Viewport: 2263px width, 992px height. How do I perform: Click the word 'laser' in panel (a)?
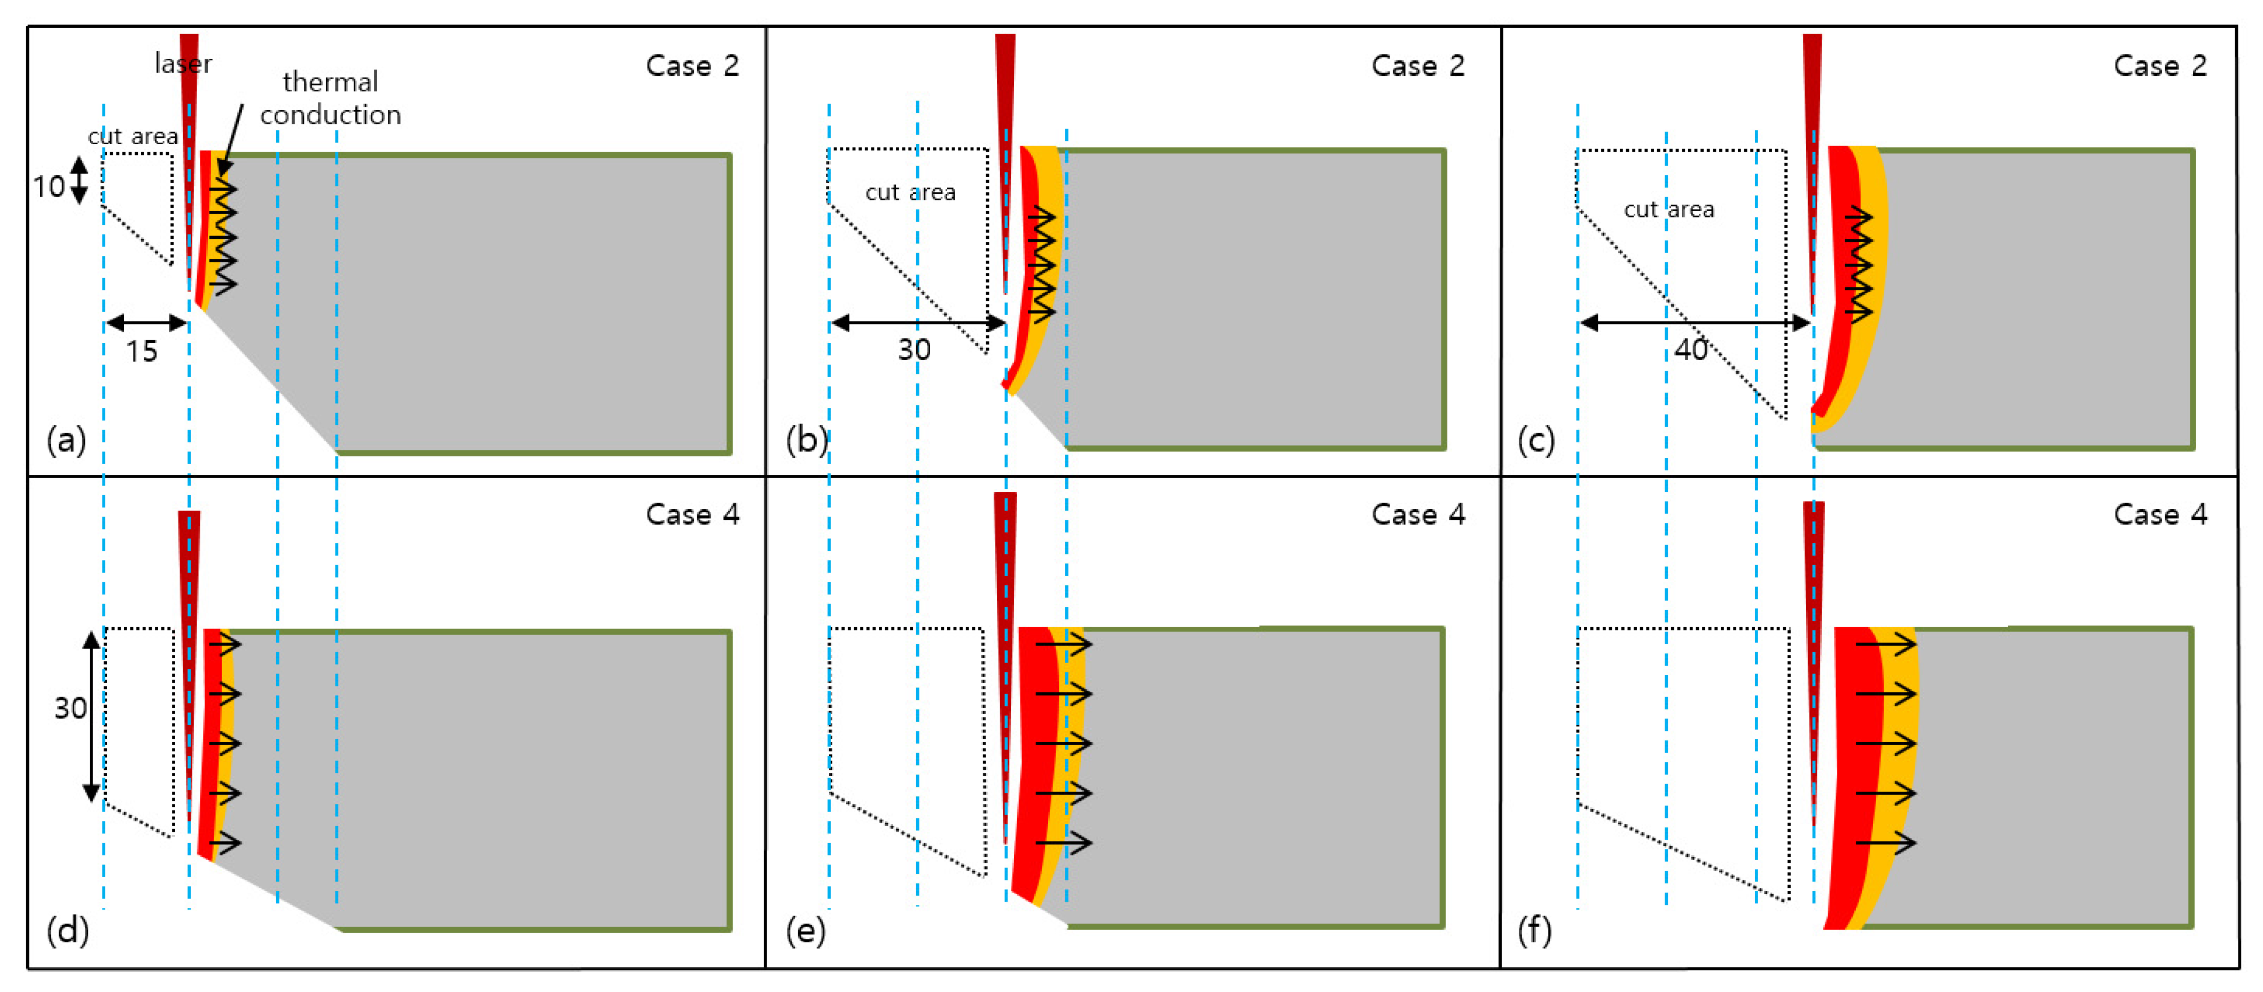point(183,63)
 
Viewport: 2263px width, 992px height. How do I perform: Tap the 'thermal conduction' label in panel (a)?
point(330,98)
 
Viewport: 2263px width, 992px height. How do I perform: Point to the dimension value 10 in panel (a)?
point(48,186)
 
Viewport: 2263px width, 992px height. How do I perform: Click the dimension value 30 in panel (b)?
point(914,350)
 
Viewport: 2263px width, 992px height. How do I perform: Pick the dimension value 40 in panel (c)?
point(1690,350)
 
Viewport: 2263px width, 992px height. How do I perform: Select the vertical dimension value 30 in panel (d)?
point(71,708)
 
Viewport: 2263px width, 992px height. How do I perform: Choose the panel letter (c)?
point(1535,439)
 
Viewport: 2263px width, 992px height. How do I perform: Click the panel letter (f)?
point(1534,929)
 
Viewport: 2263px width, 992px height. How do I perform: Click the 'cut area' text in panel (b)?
point(910,192)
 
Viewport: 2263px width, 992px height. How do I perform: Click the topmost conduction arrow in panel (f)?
point(1885,645)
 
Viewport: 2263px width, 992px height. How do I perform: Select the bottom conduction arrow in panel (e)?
point(1063,842)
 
